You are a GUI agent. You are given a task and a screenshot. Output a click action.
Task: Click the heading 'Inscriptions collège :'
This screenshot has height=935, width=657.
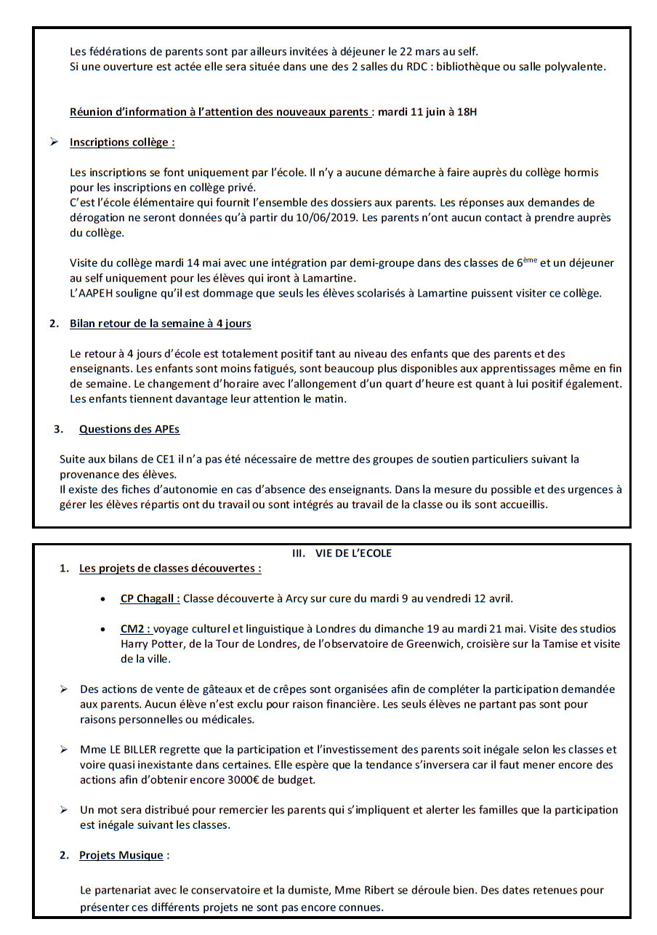click(x=122, y=143)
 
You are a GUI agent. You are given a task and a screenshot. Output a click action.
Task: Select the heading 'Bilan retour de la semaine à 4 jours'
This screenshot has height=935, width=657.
click(x=161, y=324)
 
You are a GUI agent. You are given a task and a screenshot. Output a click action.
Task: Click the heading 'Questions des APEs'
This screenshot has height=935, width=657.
click(x=129, y=429)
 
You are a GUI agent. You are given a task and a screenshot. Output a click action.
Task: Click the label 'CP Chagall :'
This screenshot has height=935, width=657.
click(x=150, y=598)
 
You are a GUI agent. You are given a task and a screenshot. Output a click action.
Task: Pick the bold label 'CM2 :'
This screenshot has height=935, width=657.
click(x=135, y=629)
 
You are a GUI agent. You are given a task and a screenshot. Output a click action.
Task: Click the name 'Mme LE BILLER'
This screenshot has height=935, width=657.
click(x=116, y=750)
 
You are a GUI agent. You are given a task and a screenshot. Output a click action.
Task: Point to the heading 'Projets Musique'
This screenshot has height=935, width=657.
click(x=121, y=855)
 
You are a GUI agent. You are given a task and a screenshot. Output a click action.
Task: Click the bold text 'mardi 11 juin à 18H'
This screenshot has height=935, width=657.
click(x=427, y=112)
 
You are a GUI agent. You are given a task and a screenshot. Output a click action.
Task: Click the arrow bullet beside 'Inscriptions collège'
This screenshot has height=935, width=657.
click(x=55, y=143)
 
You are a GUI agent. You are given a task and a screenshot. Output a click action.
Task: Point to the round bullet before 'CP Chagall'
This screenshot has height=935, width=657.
click(x=105, y=599)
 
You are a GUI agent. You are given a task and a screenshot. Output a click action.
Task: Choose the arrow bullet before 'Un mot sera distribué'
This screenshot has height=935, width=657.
click(x=64, y=810)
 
